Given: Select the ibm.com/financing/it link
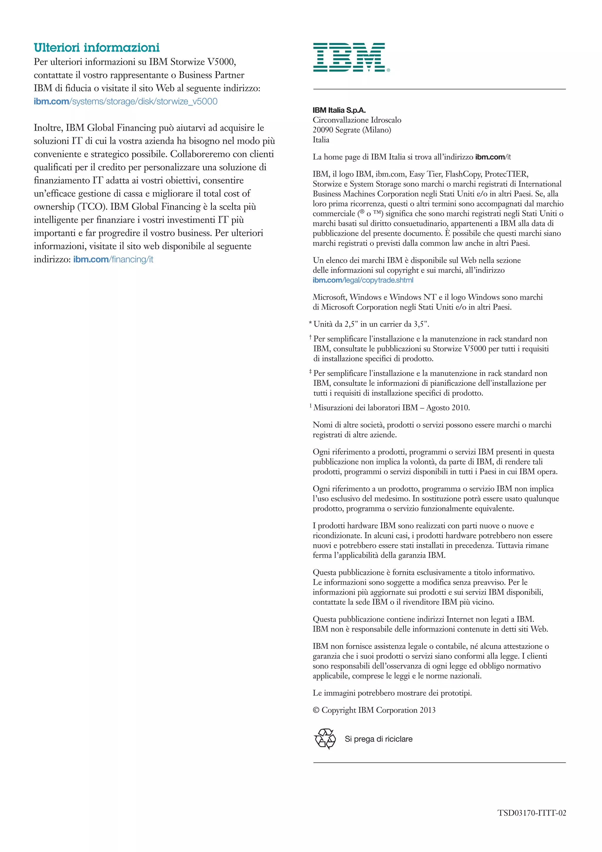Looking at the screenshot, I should pyautogui.click(x=113, y=259).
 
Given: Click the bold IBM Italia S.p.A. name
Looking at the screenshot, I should pyautogui.click(x=339, y=110).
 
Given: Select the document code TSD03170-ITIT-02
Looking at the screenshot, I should pyautogui.click(x=531, y=813).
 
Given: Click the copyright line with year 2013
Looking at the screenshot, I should pyautogui.click(x=374, y=710).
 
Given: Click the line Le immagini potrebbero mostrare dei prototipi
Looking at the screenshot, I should pyautogui.click(x=392, y=693).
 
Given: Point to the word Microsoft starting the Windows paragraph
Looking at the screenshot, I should pyautogui.click(x=329, y=297).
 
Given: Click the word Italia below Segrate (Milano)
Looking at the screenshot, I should pyautogui.click(x=321, y=140).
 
